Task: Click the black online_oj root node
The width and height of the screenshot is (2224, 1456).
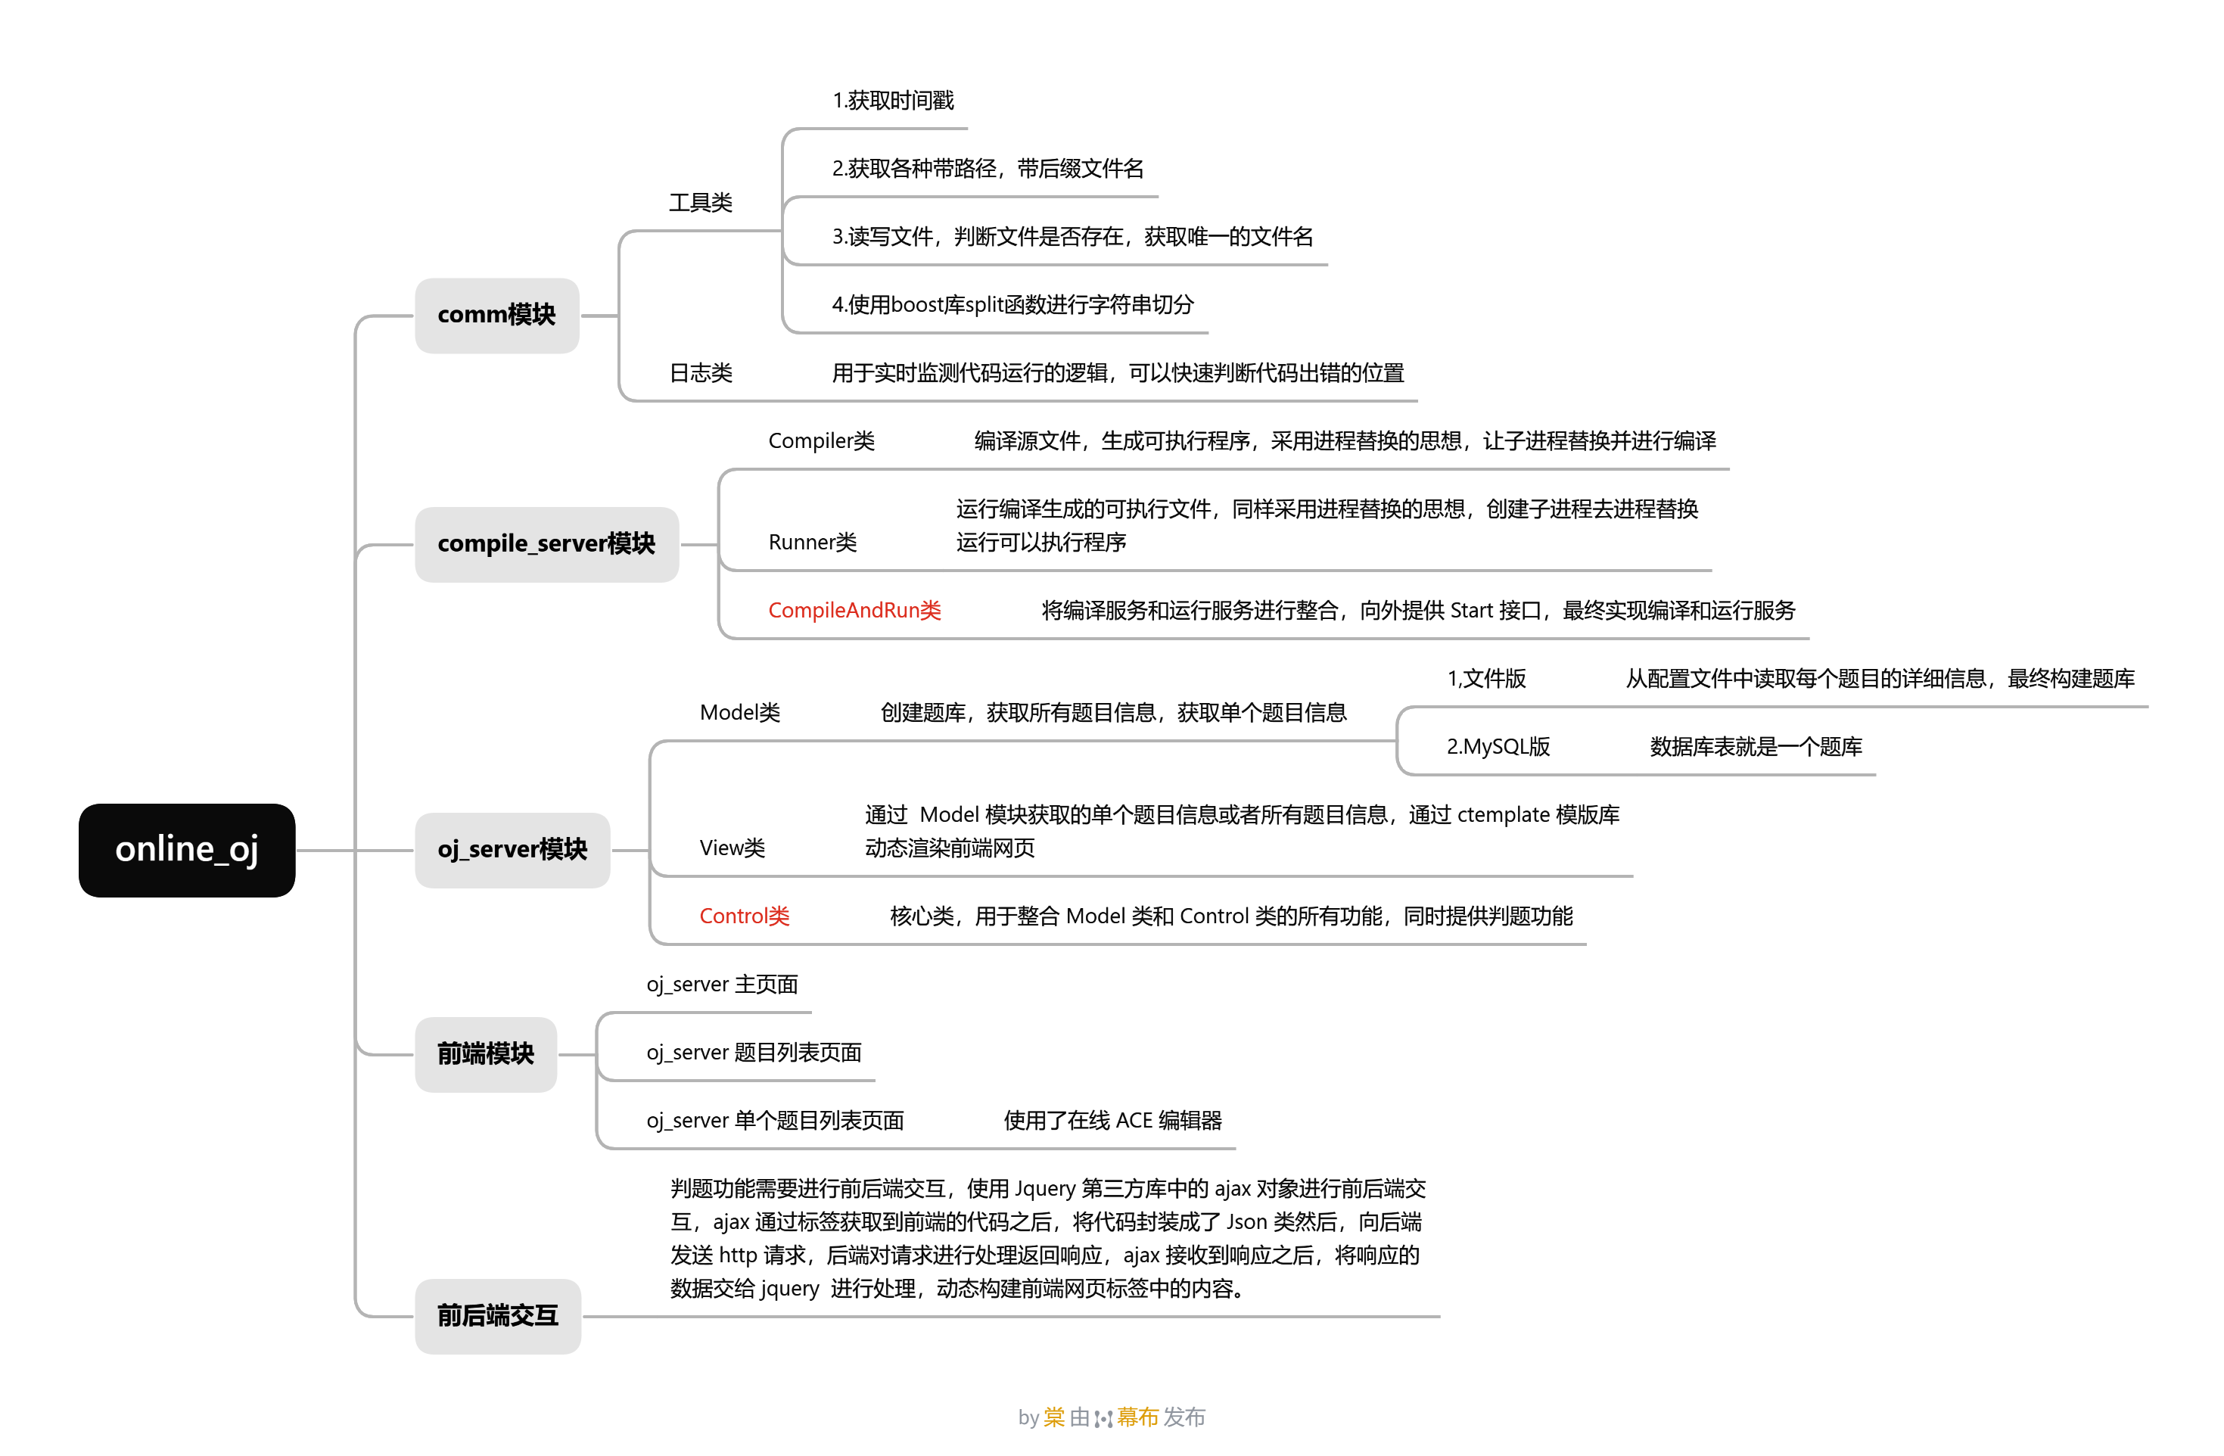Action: point(187,850)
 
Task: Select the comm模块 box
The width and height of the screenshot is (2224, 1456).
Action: point(496,315)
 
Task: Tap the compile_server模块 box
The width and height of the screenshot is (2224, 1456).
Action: point(546,544)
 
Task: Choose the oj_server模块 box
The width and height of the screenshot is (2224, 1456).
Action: point(512,850)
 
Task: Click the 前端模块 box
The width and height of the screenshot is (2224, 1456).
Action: point(485,1054)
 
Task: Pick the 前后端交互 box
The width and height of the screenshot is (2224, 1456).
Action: point(497,1316)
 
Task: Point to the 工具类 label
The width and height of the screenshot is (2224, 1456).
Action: point(700,203)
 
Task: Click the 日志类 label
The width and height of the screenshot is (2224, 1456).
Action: point(700,373)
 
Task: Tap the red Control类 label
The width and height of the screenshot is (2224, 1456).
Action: point(744,916)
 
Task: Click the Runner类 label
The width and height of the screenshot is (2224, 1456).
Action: point(812,542)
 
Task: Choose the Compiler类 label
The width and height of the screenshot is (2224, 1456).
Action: point(820,441)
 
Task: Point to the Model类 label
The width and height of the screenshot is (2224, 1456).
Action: point(739,713)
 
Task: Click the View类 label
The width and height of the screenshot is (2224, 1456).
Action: point(732,848)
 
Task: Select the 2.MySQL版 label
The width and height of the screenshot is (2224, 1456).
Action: point(1498,747)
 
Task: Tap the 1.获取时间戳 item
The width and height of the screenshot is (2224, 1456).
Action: point(892,101)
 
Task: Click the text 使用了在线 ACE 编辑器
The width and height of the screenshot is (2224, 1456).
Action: point(1112,1121)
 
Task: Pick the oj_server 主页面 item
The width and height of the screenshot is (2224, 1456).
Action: point(721,984)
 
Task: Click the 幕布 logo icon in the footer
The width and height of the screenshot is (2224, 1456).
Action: point(1103,1419)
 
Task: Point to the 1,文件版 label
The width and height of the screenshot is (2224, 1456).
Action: point(1485,679)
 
